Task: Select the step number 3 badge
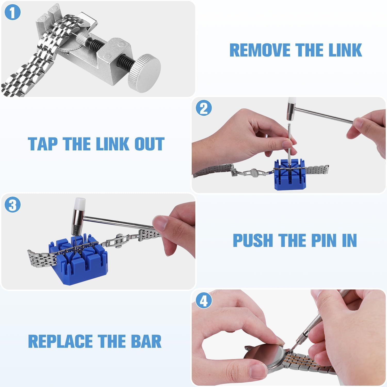[12, 205]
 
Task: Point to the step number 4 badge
[204, 301]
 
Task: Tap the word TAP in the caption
[43, 144]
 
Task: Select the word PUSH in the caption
[253, 240]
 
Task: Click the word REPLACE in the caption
[61, 341]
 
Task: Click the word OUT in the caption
[149, 144]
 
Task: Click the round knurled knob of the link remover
[144, 73]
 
